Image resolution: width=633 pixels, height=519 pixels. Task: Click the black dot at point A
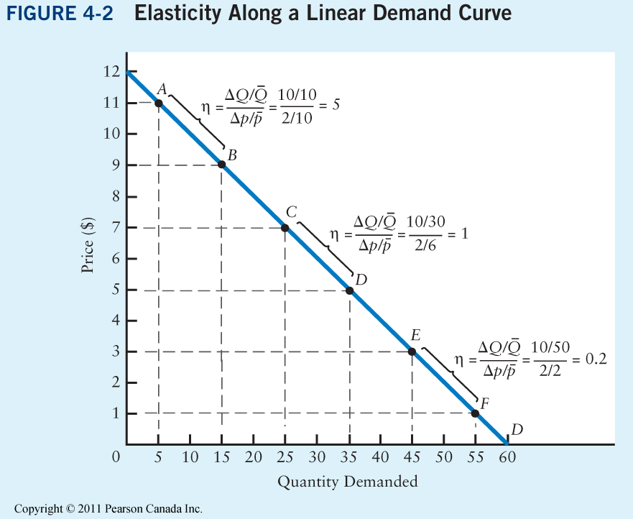tap(158, 103)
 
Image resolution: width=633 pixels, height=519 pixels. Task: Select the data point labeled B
tap(221, 165)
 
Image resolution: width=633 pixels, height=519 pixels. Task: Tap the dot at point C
tap(285, 228)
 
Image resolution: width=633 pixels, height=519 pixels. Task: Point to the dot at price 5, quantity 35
tap(349, 290)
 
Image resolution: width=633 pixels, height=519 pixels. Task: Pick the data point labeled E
tap(412, 352)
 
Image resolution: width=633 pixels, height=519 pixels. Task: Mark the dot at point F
tap(475, 413)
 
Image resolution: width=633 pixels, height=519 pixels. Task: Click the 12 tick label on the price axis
tap(111, 72)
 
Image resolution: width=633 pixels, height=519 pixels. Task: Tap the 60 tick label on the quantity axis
tap(507, 458)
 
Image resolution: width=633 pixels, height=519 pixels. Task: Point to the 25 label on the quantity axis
tap(285, 458)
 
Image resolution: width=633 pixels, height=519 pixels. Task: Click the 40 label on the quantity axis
tap(380, 458)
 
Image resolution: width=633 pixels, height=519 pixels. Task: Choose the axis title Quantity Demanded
tap(348, 482)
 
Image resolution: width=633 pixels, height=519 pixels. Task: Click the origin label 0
tap(116, 458)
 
